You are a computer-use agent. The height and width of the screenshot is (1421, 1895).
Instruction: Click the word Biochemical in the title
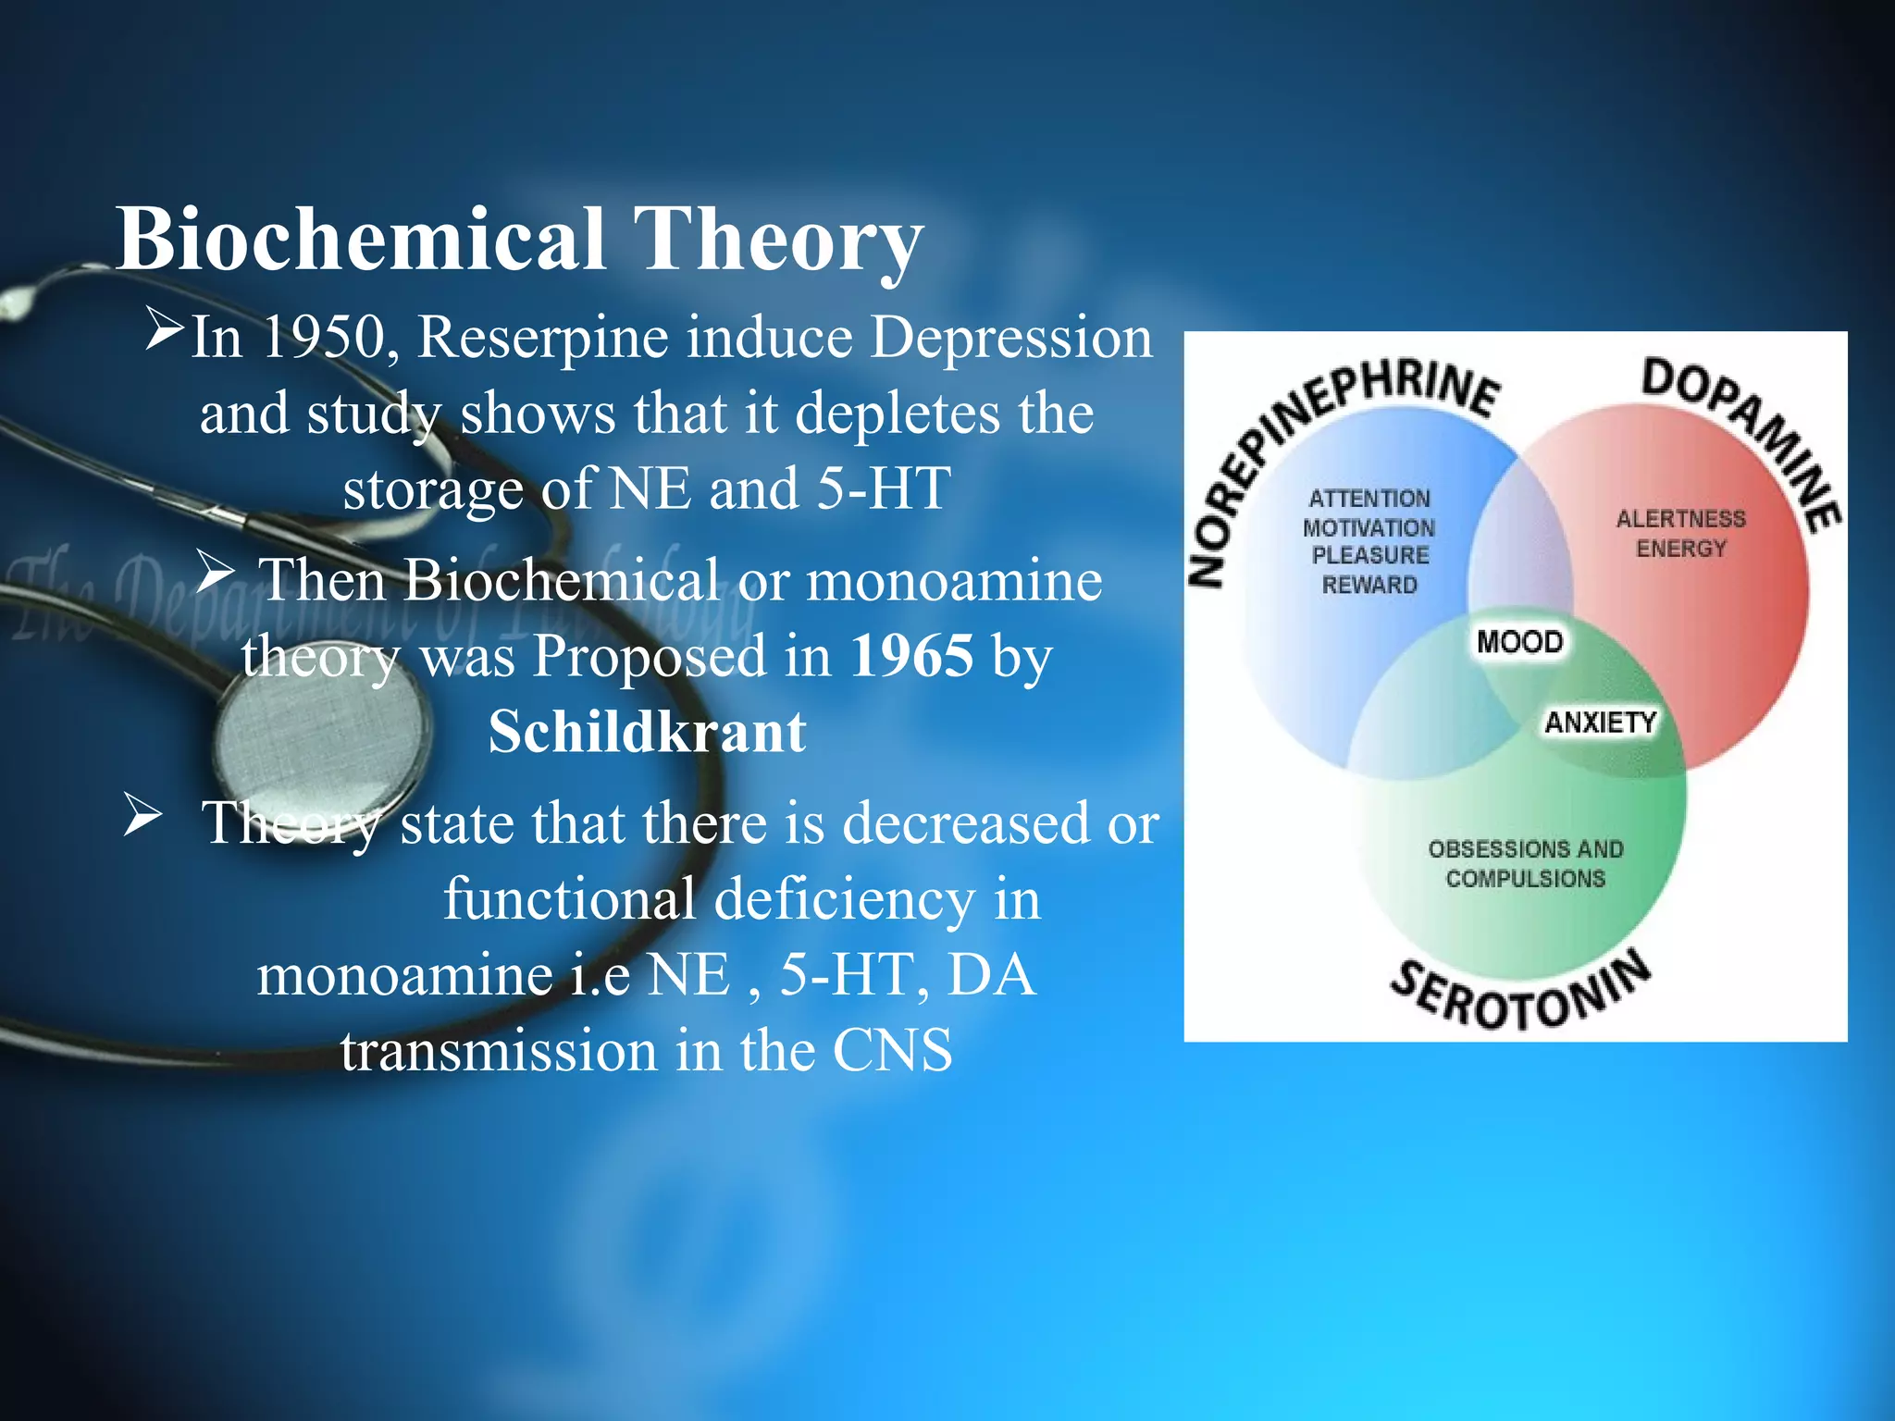tap(361, 239)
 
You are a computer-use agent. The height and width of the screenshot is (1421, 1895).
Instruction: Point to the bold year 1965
tap(911, 657)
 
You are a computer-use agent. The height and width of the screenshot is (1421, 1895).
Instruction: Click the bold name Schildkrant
tap(647, 733)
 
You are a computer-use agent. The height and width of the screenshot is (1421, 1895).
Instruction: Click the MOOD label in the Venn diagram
tap(1519, 641)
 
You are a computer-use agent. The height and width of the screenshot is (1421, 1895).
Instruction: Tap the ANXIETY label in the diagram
tap(1600, 722)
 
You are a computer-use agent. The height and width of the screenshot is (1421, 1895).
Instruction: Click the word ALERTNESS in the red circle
tap(1680, 519)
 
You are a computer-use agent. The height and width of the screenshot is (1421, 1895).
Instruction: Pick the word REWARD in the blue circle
tap(1369, 585)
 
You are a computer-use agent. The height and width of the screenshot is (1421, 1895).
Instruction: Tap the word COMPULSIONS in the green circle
tap(1525, 878)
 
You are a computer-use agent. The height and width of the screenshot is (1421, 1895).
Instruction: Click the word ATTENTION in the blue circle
tap(1369, 499)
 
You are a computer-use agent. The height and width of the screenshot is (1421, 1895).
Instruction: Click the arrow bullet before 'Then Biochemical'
tap(215, 573)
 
